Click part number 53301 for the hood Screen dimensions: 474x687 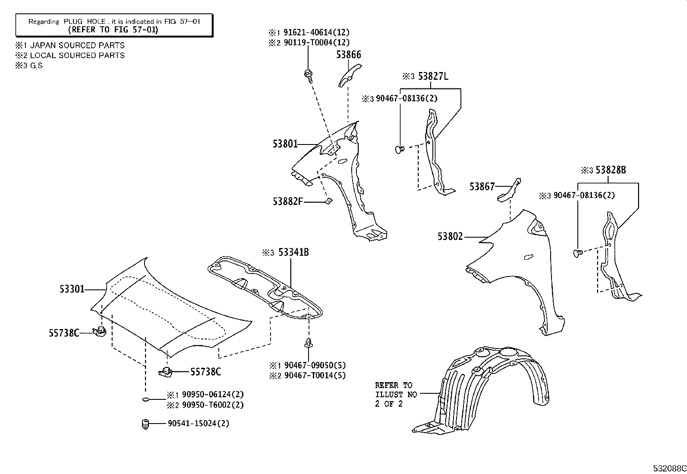[72, 289]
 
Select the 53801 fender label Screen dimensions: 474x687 [285, 144]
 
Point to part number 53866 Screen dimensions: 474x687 [349, 55]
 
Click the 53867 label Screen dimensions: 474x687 [482, 186]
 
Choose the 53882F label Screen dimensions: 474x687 [288, 201]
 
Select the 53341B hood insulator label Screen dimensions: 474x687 [293, 252]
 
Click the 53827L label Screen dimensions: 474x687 [433, 77]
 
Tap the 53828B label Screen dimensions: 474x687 [611, 170]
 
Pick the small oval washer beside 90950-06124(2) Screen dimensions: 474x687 [146, 400]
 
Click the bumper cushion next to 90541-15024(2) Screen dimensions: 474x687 [145, 424]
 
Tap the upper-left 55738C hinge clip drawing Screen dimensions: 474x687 [100, 332]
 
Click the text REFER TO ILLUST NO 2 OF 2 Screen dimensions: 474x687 [394, 394]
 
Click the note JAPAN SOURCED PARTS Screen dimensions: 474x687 [77, 45]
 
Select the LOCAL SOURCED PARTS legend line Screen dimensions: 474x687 [77, 55]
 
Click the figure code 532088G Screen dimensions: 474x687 [669, 468]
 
